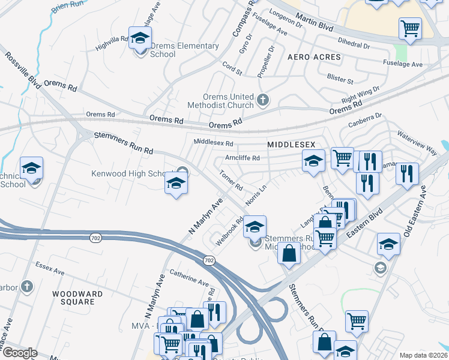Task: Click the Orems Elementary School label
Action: [176, 50]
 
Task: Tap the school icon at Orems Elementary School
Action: [140, 39]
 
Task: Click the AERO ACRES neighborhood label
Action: [314, 57]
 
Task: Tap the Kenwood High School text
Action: [133, 174]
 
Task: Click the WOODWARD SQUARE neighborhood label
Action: [77, 298]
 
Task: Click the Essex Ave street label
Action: [50, 268]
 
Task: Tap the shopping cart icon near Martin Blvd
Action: [410, 28]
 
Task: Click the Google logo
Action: [20, 353]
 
